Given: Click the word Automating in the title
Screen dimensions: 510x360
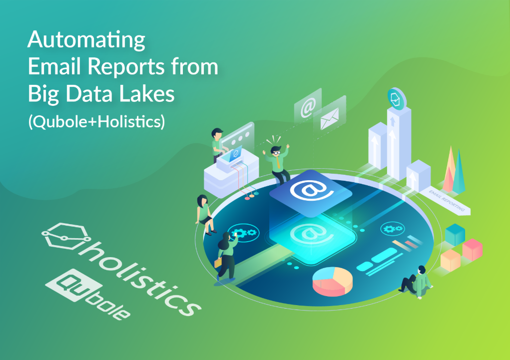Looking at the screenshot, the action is pos(86,40).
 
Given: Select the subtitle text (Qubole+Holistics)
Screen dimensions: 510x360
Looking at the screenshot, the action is pos(96,122).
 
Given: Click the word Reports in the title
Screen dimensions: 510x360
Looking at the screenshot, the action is pos(126,66).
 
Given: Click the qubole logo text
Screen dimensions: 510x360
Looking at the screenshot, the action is pos(88,294).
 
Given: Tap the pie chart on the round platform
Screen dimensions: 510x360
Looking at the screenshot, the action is pos(332,281).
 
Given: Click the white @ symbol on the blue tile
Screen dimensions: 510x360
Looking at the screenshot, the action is pos(311,190).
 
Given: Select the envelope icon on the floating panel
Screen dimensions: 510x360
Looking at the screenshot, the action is pos(330,119).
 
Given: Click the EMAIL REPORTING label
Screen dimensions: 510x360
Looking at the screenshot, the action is pos(447,201).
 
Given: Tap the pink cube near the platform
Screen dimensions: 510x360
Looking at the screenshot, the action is pos(472,250).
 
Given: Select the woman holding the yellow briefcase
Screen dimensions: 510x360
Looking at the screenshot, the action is pos(226,257).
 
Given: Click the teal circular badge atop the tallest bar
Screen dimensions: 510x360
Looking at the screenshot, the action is pos(397,98).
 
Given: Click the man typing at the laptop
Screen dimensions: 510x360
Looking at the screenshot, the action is pos(218,145).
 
